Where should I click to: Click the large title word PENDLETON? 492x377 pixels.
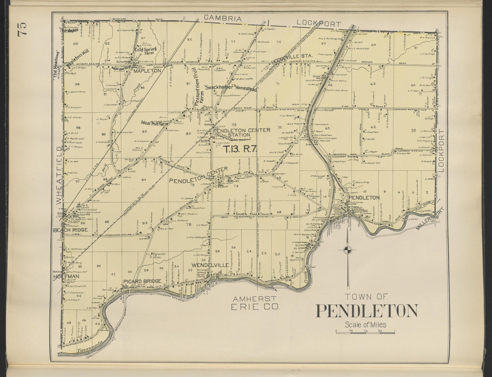pos(367,311)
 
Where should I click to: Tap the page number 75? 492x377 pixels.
pos(22,28)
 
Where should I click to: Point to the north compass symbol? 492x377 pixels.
pos(348,249)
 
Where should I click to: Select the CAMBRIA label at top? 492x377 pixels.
pos(223,19)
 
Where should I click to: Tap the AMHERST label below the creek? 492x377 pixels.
pos(254,299)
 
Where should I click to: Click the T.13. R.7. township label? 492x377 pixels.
pos(240,150)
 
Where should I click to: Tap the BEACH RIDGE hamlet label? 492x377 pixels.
pos(70,230)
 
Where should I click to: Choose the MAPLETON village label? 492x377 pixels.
pos(147,71)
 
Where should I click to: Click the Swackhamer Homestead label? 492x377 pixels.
pos(230,89)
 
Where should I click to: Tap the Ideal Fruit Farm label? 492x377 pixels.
pos(155,123)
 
